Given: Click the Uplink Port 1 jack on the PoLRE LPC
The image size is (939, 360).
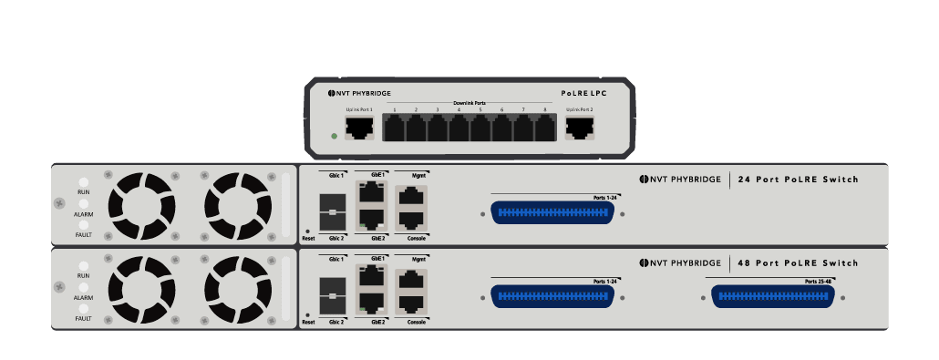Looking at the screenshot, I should (x=358, y=129).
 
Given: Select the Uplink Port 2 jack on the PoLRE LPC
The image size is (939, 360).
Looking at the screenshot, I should (x=579, y=129).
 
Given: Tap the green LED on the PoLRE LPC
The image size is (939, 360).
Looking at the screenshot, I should (x=335, y=137).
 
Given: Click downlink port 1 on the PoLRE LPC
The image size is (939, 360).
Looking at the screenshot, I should (x=395, y=129).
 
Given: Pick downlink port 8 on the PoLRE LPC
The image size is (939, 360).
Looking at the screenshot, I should (x=545, y=129).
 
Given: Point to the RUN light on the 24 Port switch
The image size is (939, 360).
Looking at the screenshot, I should (x=83, y=182).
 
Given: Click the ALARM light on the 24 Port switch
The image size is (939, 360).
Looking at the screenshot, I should (x=83, y=203).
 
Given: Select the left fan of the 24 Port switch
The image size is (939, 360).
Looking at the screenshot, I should (x=141, y=204).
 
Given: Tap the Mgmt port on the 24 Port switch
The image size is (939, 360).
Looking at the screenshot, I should (x=412, y=194).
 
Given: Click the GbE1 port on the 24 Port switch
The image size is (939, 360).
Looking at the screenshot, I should (x=370, y=192).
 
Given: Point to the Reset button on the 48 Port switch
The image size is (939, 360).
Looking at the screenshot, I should (x=308, y=313).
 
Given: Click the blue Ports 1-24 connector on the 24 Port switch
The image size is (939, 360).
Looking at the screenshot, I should (x=552, y=213).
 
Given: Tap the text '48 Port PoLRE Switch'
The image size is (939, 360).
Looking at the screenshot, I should (x=798, y=263).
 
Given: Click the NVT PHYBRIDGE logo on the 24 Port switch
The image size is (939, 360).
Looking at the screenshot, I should (x=679, y=180).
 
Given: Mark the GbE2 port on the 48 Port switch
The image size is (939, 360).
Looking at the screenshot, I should (x=370, y=303).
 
